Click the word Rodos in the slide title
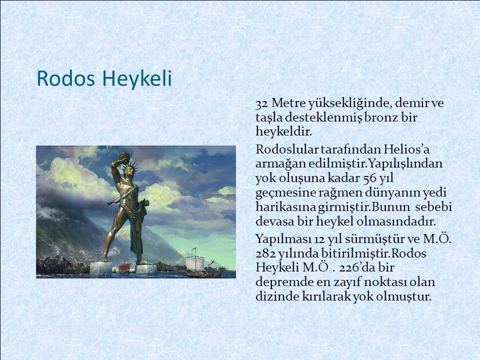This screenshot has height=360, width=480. pyautogui.click(x=66, y=78)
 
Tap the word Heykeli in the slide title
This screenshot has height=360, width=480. pyautogui.click(x=137, y=79)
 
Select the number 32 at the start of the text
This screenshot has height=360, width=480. pyautogui.click(x=261, y=104)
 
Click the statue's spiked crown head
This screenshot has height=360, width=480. pyautogui.click(x=129, y=169)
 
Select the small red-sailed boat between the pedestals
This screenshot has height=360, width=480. pyautogui.click(x=124, y=268)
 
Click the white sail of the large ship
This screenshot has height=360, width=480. pyautogui.click(x=195, y=263)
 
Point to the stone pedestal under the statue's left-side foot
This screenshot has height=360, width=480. pyautogui.click(x=100, y=268)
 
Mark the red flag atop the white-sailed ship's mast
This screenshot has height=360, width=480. pyautogui.click(x=194, y=248)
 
